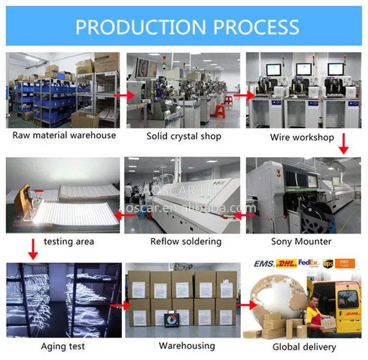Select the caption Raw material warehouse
(x=64, y=135)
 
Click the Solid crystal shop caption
(x=184, y=136)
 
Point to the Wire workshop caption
(x=302, y=137)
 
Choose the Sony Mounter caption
(x=301, y=241)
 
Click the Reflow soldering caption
(x=186, y=241)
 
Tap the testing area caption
(x=69, y=241)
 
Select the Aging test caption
(x=63, y=346)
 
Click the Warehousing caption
(x=186, y=346)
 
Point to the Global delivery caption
(x=304, y=347)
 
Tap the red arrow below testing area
(x=33, y=249)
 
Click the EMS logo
(x=264, y=264)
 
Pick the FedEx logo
(x=308, y=264)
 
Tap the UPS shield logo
(x=328, y=264)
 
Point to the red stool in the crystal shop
(x=219, y=111)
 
